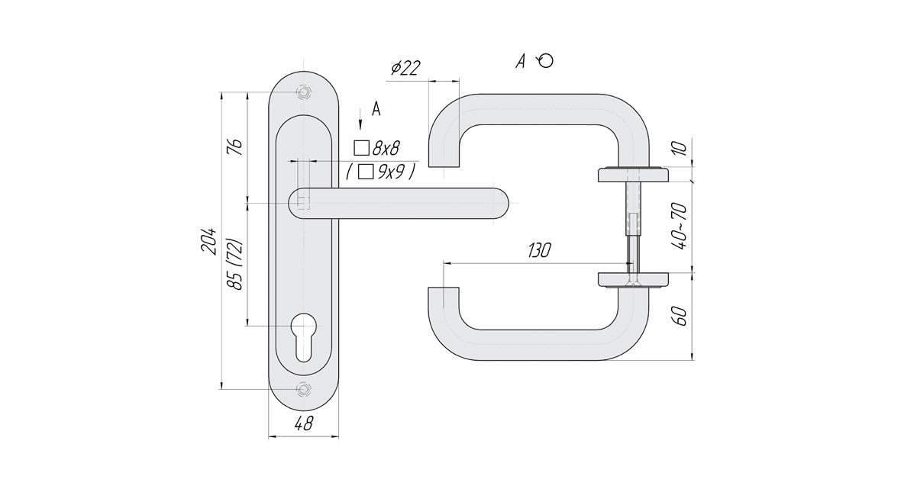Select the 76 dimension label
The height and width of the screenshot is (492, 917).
coord(237,145)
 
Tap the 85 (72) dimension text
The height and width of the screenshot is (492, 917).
coord(237,264)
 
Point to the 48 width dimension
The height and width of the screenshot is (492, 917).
coord(303,426)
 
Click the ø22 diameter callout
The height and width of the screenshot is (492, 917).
coord(405,68)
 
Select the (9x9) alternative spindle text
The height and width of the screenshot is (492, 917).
coord(381,172)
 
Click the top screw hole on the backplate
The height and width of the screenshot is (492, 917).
coord(304,92)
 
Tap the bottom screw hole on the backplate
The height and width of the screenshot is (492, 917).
coord(304,389)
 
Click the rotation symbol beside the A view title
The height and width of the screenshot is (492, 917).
coord(545,61)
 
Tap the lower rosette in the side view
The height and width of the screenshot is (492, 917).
coord(633,279)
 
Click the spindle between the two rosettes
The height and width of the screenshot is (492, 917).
coord(633,225)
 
